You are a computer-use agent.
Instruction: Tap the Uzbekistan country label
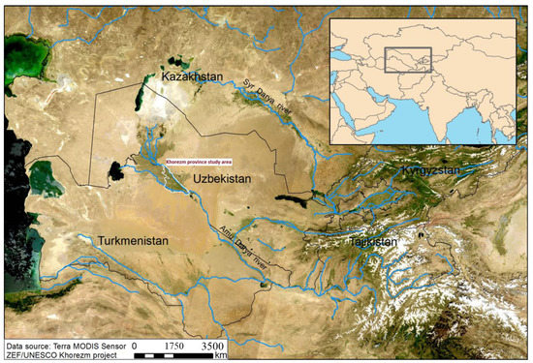point(222,179)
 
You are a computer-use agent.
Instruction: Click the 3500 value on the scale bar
point(211,344)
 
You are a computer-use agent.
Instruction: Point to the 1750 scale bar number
point(172,344)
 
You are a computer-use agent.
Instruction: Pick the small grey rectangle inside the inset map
point(408,59)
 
